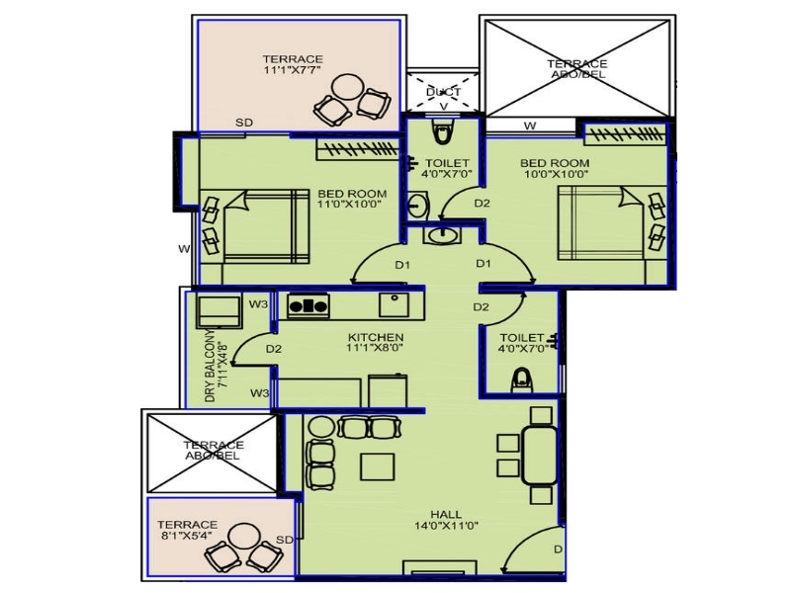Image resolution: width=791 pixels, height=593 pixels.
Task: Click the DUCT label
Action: pos(443,92)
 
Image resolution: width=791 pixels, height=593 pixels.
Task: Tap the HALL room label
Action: pos(446,514)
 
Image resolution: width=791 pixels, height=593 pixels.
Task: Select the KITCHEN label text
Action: pos(376,337)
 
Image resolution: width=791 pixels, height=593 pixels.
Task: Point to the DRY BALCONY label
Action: pos(210,367)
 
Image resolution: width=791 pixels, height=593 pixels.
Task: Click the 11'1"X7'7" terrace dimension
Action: pos(293,70)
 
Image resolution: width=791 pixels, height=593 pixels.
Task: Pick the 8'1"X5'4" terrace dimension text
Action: pos(186,536)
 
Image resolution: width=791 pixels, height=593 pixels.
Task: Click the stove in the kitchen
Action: pos(308,305)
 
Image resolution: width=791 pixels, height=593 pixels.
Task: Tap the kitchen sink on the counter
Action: pos(394,305)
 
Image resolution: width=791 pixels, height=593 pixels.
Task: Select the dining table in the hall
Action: pos(539,456)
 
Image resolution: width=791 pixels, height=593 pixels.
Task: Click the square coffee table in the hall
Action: pos(378,466)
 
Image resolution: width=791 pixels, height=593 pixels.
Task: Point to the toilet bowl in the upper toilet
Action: pos(442,132)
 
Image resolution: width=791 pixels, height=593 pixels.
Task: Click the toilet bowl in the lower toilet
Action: pos(522,381)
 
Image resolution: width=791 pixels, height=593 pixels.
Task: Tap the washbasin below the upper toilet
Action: pos(442,235)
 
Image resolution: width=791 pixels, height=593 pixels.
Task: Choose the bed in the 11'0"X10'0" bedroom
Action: pos(266,226)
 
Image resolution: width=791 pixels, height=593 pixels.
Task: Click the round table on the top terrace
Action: pos(348,87)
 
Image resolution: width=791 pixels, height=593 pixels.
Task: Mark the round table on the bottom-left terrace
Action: pos(243,538)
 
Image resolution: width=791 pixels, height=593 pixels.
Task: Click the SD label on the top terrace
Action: pos(244,123)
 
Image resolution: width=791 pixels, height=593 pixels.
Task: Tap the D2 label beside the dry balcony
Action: pos(274,349)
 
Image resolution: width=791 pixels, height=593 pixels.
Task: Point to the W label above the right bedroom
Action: pos(530,126)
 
